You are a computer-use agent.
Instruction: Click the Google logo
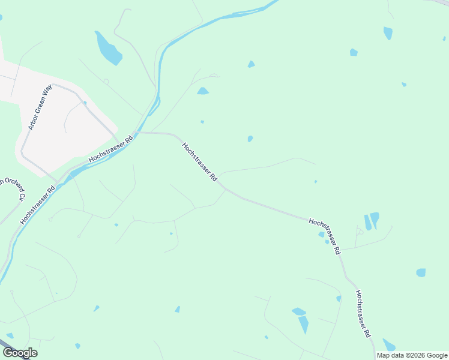(x=20, y=353)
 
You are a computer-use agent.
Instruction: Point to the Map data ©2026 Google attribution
(x=412, y=355)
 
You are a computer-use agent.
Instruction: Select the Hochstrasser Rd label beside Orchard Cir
(x=37, y=205)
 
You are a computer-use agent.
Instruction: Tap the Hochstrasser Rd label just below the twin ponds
(x=325, y=237)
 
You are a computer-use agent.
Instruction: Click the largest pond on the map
(x=108, y=48)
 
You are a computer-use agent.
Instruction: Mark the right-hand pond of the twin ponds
(x=375, y=219)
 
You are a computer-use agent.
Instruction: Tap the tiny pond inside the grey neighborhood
(x=85, y=103)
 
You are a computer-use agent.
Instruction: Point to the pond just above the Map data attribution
(x=389, y=344)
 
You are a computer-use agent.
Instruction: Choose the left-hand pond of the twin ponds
(x=367, y=223)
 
